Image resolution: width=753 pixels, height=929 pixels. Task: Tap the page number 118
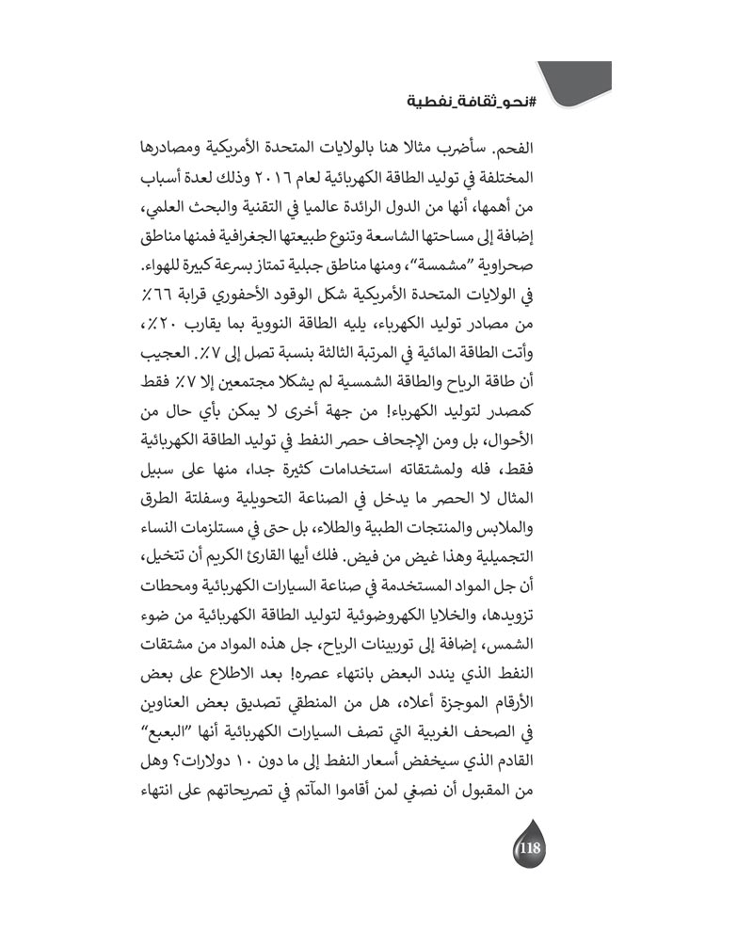click(528, 848)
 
